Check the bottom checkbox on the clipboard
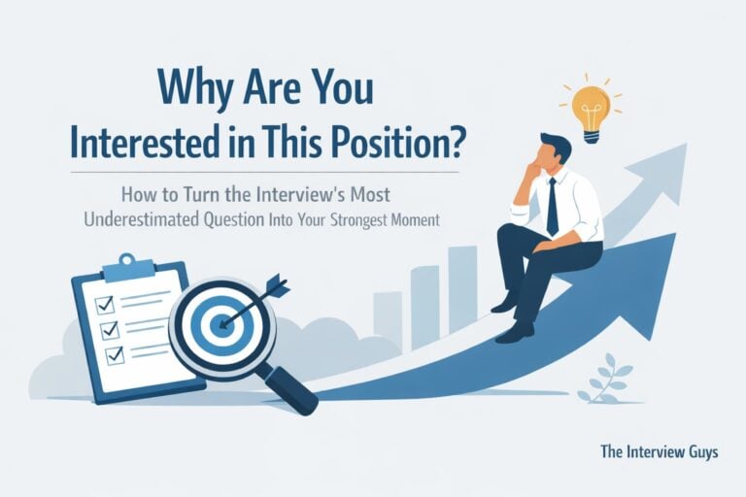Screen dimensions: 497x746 tap(113, 355)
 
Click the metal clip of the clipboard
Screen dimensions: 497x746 tap(120, 263)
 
